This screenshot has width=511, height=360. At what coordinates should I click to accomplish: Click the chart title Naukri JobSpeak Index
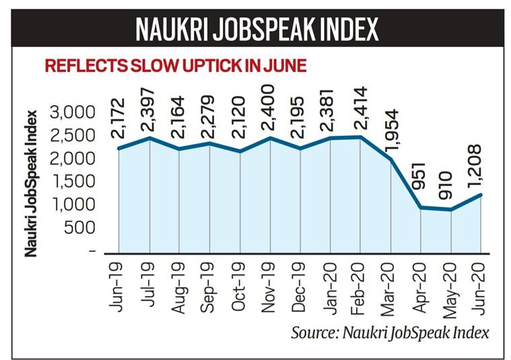click(x=256, y=30)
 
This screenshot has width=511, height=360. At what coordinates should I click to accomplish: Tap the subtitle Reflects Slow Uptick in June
click(x=175, y=65)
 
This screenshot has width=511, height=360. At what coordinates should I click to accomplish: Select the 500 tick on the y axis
click(x=80, y=227)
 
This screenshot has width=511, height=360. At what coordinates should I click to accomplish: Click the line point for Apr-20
click(x=421, y=207)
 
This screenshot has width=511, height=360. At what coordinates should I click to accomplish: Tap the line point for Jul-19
click(x=149, y=139)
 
